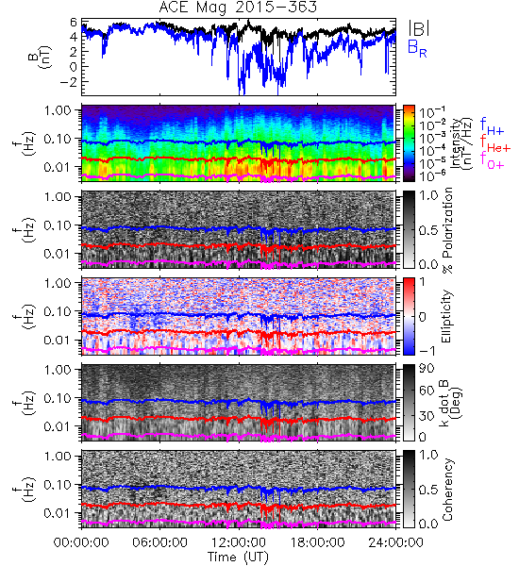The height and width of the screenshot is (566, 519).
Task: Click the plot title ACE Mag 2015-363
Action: click(x=238, y=8)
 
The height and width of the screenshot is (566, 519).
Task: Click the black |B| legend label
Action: click(x=419, y=27)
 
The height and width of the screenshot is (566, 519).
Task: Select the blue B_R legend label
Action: click(x=417, y=48)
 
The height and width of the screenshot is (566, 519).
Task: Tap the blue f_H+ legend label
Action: click(x=492, y=126)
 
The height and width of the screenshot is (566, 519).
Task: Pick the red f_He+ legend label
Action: click(x=495, y=144)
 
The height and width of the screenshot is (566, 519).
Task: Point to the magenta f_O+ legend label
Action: click(x=492, y=160)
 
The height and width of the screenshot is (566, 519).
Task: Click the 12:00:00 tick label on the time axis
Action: click(x=239, y=542)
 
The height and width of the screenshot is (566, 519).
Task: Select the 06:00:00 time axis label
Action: click(x=160, y=542)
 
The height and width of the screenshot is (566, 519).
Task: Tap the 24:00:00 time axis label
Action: click(x=395, y=542)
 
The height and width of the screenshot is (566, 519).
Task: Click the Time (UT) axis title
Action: click(x=239, y=557)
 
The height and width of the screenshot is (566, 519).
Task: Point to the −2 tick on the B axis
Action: click(x=69, y=82)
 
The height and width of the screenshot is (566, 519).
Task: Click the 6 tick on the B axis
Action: click(x=74, y=23)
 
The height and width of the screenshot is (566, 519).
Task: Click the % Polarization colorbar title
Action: click(x=447, y=230)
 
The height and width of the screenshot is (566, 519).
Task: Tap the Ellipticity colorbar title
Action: click(x=447, y=316)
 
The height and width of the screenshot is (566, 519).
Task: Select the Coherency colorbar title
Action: click(x=447, y=490)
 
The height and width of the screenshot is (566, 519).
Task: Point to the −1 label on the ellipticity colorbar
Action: click(x=427, y=351)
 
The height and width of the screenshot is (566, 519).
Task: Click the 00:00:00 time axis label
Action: click(x=81, y=542)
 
